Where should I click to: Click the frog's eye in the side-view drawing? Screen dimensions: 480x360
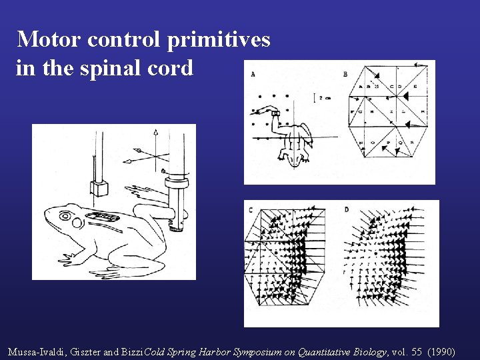point(65,215)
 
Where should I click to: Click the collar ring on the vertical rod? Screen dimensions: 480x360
point(177,177)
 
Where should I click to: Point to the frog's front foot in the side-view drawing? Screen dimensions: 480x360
point(67,257)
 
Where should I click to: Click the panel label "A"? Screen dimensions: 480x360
point(253,75)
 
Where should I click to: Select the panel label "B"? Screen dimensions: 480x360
point(345,74)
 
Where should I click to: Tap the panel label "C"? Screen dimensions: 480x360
point(251,211)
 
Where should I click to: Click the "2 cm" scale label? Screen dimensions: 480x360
point(324,97)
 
